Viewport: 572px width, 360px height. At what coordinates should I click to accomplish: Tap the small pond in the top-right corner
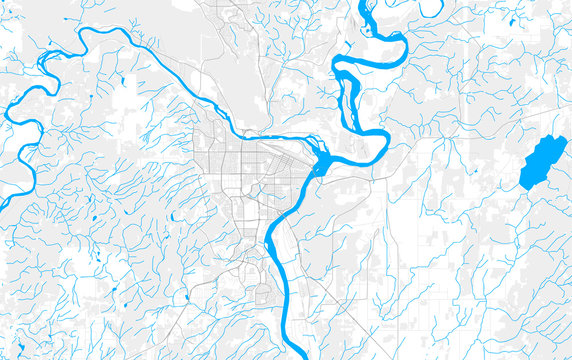click(x=512, y=21)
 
